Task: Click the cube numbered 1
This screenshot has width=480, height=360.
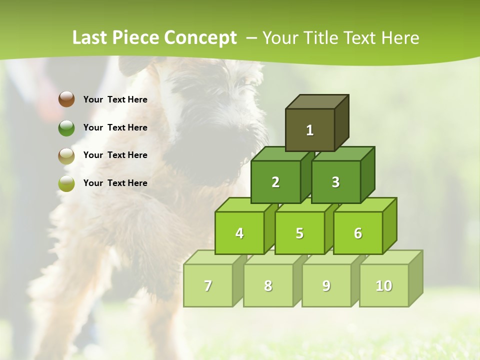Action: tap(310, 130)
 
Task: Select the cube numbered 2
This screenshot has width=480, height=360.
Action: tap(275, 182)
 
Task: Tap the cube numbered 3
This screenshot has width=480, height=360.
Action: tap(335, 182)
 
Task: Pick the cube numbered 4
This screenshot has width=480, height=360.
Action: tap(239, 233)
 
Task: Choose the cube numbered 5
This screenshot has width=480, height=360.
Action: tap(299, 233)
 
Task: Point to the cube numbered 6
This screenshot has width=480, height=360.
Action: tap(358, 233)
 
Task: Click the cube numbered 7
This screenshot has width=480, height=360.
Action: tap(208, 285)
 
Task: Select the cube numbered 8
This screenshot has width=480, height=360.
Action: tap(268, 285)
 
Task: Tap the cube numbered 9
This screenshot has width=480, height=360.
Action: tap(326, 285)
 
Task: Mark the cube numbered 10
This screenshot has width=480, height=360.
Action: tap(384, 285)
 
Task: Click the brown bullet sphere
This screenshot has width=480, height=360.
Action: tap(66, 99)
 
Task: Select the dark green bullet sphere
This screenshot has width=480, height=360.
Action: tap(66, 127)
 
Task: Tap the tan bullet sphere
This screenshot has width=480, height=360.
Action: tap(66, 155)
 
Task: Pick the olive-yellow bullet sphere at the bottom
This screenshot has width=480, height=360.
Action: tap(66, 183)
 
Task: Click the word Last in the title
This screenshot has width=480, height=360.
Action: tap(90, 38)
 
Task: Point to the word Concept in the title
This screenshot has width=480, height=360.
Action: tap(200, 38)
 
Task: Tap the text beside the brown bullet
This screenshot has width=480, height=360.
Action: tap(115, 99)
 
